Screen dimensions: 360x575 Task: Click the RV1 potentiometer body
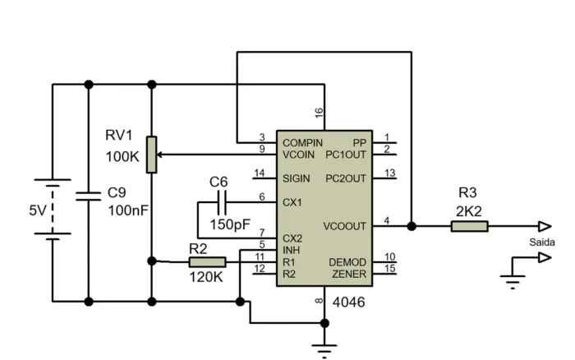point(152,154)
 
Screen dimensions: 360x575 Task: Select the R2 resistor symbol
point(207,261)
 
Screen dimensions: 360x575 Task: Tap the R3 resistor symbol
point(469,226)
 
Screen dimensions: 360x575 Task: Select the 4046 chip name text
point(348,302)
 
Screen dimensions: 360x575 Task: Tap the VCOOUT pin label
point(346,226)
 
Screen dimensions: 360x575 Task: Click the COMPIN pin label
point(302,142)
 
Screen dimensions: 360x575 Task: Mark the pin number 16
point(319,112)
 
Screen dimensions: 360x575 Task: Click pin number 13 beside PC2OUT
point(389,173)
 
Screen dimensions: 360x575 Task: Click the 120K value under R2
point(205,278)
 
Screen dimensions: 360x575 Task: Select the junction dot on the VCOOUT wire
point(411,226)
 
